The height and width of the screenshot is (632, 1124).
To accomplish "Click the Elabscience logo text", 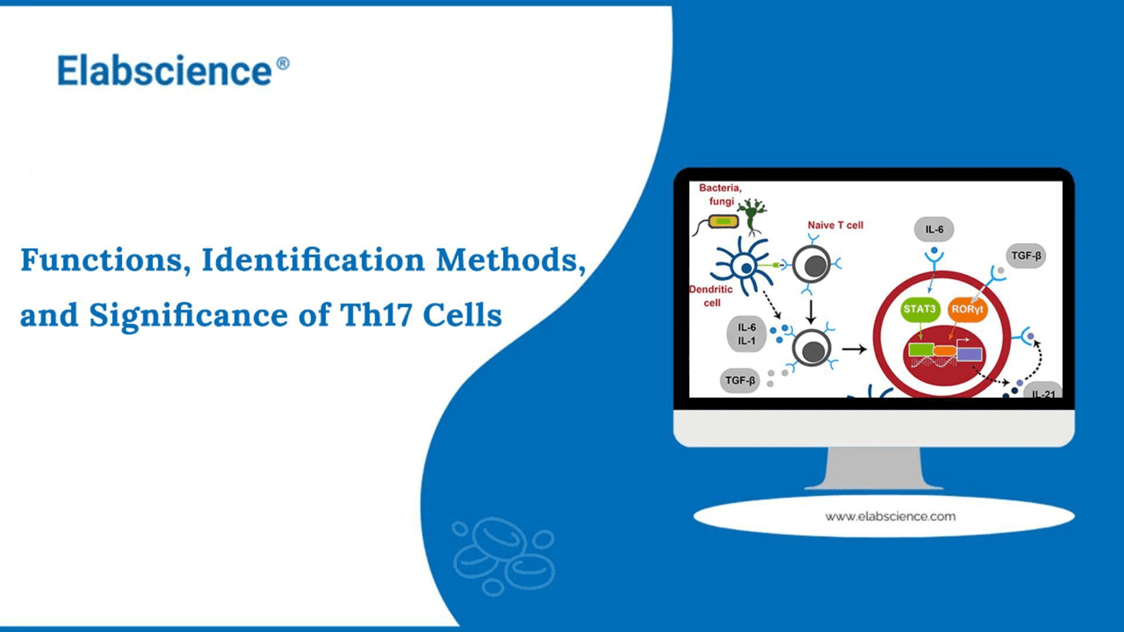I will tap(165, 71).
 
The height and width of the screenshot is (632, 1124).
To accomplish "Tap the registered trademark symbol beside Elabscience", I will tap(283, 63).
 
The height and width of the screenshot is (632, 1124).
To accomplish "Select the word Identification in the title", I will tap(313, 260).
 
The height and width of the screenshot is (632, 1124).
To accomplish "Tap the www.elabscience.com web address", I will tap(890, 517).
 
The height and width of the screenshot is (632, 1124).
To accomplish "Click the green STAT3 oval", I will tap(920, 309).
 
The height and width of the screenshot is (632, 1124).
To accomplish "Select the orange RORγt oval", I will tap(967, 309).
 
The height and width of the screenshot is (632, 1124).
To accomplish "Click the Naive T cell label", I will tap(835, 225).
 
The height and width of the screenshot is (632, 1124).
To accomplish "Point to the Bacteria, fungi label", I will tap(721, 194).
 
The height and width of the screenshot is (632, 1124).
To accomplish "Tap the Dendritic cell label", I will tap(711, 296).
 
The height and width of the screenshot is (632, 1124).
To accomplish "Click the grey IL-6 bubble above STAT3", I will tap(934, 229).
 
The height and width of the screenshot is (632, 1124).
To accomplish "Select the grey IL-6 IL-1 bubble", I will tap(746, 334).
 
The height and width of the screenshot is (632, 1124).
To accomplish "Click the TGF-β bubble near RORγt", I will tap(1026, 256).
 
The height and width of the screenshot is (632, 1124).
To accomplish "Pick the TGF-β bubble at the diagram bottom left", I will tap(740, 380).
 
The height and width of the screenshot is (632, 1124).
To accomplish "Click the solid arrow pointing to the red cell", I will tap(854, 349).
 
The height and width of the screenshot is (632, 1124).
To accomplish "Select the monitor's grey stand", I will tap(873, 468).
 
